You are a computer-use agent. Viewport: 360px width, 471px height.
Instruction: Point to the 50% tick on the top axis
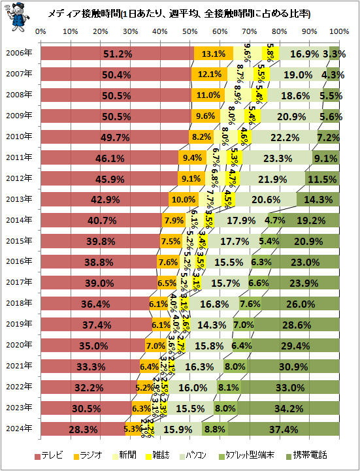189,31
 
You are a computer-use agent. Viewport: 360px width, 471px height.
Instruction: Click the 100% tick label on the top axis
338,31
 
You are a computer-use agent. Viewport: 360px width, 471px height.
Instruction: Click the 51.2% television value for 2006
118,54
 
